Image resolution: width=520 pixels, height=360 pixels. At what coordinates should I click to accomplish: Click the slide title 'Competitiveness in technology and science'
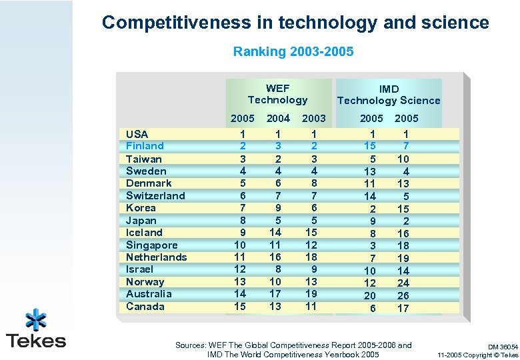pos(295,23)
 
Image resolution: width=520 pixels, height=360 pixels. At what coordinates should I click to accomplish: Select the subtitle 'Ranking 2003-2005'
pos(293,51)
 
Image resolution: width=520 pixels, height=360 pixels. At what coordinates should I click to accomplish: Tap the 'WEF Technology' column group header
pos(277,94)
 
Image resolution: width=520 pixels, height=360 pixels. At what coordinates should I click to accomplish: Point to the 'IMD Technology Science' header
pos(389,95)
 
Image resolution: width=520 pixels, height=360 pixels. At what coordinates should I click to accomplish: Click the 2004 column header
pos(278,119)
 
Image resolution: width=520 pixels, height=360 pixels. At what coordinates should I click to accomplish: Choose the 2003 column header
pos(314,119)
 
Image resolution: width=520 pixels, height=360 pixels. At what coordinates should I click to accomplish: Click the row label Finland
pos(145,146)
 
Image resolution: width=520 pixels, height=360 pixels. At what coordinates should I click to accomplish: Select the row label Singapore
pos(152,245)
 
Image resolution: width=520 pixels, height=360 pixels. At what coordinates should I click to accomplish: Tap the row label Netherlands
pos(156,257)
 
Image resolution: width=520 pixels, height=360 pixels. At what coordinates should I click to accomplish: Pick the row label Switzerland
pos(155,195)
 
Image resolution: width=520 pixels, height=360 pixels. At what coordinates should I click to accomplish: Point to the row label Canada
pos(145,307)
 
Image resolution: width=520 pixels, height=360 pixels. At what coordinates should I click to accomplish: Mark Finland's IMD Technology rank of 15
pos(370,146)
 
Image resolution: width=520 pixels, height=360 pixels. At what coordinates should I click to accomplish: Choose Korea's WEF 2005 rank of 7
pos(242,208)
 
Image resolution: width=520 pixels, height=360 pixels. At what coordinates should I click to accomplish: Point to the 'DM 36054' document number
pos(502,347)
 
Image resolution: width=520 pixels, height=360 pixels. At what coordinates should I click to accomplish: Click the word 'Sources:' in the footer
pos(190,345)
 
